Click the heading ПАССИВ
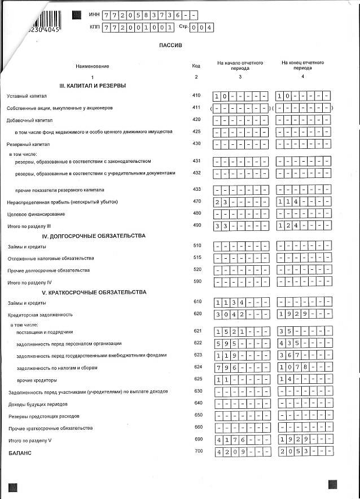coord(170,45)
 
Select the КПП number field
coord(138,27)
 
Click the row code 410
coord(196,95)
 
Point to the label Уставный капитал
coord(26,95)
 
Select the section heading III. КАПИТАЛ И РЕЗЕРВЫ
coord(97,85)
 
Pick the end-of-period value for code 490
coord(304,225)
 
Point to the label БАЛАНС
coord(19,452)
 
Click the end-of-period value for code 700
coord(304,451)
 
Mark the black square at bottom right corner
coord(333,484)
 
